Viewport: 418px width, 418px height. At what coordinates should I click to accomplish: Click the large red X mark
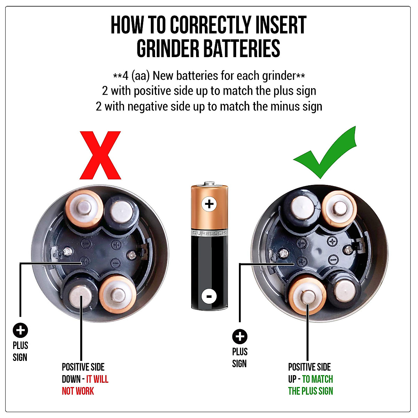pos(100,155)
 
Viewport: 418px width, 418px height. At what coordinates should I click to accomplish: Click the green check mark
pos(326,153)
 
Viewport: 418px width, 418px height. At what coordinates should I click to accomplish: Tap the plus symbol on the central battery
pos(209,204)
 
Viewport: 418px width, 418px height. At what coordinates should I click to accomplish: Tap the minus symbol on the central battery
pos(209,296)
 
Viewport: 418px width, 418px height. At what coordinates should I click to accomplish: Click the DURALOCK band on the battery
pos(209,233)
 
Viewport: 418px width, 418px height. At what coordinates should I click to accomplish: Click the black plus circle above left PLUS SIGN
pos(21,330)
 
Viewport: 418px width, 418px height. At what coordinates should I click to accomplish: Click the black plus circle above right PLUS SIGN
pos(240,336)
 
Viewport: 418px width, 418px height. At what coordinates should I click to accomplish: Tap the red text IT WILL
pos(97,379)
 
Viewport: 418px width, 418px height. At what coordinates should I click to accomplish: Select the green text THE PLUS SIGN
pos(310,391)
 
